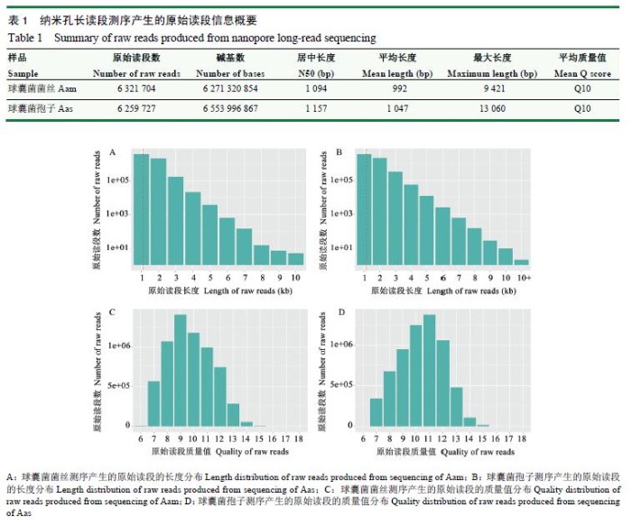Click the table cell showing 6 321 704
click(x=144, y=88)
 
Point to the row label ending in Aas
click(x=42, y=108)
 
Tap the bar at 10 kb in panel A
click(x=296, y=259)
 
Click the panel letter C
click(x=111, y=312)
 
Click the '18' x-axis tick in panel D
click(x=523, y=438)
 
